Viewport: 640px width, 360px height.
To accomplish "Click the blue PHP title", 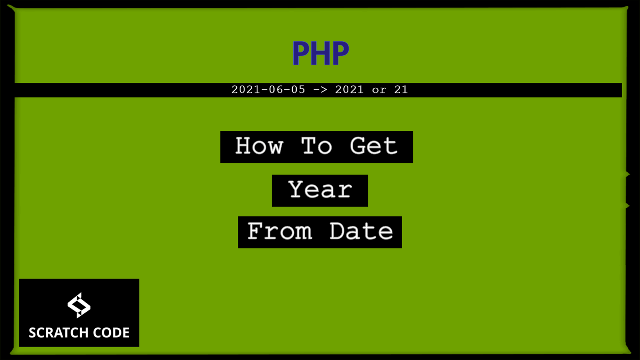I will click(x=320, y=53).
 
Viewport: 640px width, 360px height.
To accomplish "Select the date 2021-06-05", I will click(x=268, y=90).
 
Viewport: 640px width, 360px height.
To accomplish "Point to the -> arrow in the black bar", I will click(x=320, y=90).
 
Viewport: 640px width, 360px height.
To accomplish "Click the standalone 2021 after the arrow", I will click(x=349, y=90).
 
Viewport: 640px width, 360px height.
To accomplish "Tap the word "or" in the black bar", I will click(x=379, y=90).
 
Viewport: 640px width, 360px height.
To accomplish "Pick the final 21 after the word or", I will click(x=401, y=90).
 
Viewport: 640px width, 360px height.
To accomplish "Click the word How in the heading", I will click(x=259, y=146).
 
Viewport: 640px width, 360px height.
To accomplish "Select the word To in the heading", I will click(x=317, y=146).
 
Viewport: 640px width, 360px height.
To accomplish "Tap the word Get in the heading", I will click(x=374, y=146).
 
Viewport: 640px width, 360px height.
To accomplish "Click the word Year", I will click(x=320, y=190).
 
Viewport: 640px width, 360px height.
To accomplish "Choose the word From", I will click(x=280, y=232).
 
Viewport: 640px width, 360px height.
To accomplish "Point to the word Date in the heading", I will click(x=361, y=232).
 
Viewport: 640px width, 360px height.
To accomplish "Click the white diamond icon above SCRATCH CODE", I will click(x=79, y=305).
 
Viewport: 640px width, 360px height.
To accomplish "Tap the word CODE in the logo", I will click(x=111, y=332).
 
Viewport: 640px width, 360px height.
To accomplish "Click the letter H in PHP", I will click(x=320, y=53).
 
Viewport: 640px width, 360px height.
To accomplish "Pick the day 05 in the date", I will click(x=297, y=90).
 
